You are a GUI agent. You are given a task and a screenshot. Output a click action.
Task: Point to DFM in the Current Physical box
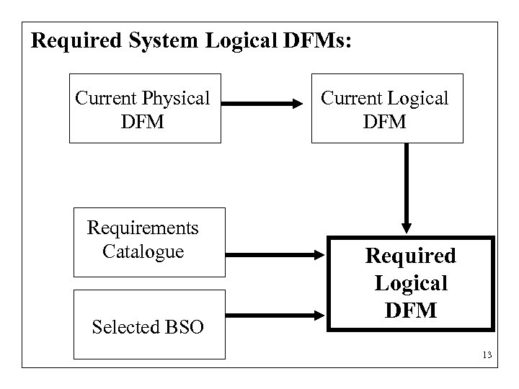[x=143, y=121]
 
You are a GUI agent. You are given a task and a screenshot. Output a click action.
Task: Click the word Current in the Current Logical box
[x=354, y=98]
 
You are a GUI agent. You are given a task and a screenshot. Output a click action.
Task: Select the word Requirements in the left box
[x=143, y=228]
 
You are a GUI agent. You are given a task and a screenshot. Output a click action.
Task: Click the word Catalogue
[x=143, y=251]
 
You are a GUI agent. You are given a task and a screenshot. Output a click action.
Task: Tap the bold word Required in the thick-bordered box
[x=410, y=256]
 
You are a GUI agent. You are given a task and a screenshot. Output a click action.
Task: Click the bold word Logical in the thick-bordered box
[x=410, y=283]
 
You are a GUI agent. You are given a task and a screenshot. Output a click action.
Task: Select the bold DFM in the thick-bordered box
[x=410, y=310]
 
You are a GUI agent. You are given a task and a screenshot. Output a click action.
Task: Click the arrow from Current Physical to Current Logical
[x=263, y=104]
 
